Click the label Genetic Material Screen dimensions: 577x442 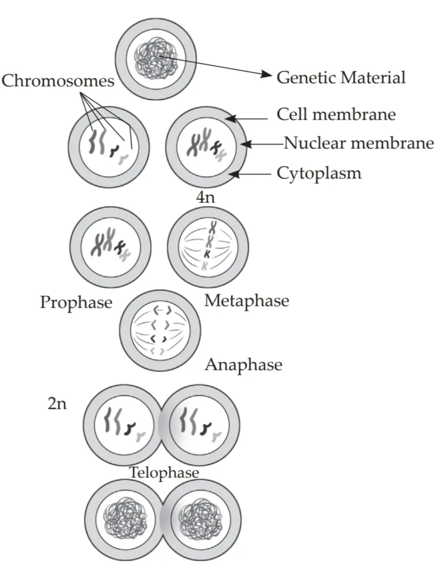[341, 77]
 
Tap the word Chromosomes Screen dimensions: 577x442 [58, 81]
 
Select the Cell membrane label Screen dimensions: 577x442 [336, 114]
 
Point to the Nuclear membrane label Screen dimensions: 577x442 [359, 143]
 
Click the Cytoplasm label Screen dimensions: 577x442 [319, 173]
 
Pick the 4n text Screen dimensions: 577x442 [205, 198]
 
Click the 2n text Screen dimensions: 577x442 [57, 403]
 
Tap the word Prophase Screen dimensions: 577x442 [76, 302]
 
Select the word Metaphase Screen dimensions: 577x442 [246, 300]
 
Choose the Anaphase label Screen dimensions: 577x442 [243, 365]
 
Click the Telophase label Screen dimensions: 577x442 [164, 473]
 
